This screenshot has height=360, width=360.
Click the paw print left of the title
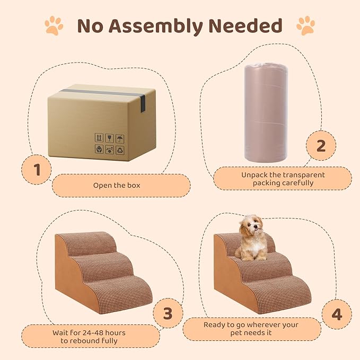pos(54,25)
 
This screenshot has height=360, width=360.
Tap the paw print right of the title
pos(305,25)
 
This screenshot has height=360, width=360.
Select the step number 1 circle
pos(37,170)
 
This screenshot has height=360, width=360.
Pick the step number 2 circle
pos(321,145)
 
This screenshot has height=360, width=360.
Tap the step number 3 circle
pos(168,313)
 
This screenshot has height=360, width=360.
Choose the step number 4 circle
pos(337,314)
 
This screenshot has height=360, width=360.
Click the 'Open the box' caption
pos(117,186)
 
